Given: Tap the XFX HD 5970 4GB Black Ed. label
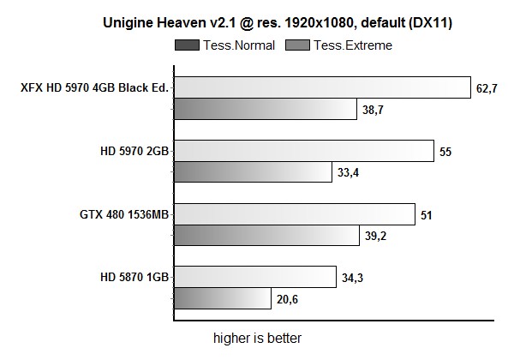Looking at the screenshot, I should tap(95, 87).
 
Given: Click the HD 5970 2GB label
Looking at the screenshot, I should tap(134, 151).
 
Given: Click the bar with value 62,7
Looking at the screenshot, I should tap(322, 87).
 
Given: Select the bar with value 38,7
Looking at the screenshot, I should tap(265, 109).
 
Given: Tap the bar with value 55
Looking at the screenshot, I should tap(304, 151).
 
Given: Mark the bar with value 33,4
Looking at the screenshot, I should tap(253, 172).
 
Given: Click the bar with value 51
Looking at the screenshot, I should tap(295, 214).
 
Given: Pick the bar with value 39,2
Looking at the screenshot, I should tap(266, 235).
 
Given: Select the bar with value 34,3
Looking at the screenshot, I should tap(254, 277).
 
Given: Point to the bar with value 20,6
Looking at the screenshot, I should tap(225, 298).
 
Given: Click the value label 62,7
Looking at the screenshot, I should tap(489, 88).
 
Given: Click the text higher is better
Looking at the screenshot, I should tap(257, 338).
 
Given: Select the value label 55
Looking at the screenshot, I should tap(445, 152).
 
